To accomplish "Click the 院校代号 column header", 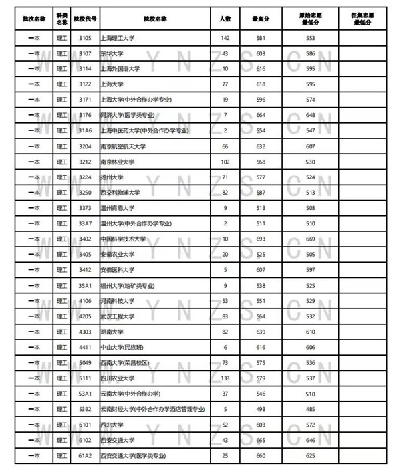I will click(x=84, y=16).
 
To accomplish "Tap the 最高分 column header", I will click(x=259, y=16).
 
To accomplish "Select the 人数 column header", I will click(x=225, y=16).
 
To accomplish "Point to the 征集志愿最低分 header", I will click(x=365, y=16).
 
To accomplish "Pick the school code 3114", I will click(x=84, y=68).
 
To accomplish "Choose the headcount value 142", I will click(x=225, y=38).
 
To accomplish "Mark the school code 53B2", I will click(x=84, y=409).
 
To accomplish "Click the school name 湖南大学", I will click(x=112, y=332).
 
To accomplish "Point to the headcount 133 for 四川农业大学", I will click(x=225, y=378).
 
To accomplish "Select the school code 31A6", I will click(x=84, y=130).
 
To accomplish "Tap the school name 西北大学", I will click(x=112, y=424).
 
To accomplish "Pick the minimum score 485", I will click(x=310, y=409).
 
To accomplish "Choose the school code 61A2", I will click(x=84, y=455).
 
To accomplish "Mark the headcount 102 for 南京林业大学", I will click(x=225, y=162).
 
